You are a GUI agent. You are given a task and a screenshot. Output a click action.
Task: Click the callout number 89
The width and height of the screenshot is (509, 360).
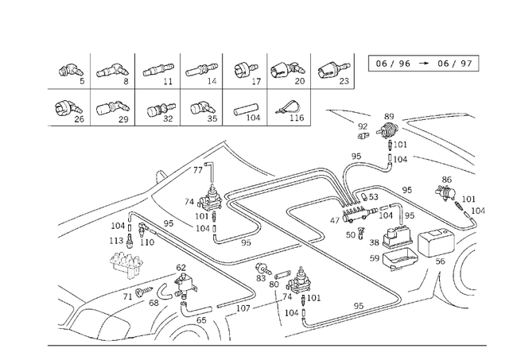click(x=389, y=117)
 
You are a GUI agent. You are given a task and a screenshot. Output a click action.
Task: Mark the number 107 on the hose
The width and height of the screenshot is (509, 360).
click(x=244, y=308)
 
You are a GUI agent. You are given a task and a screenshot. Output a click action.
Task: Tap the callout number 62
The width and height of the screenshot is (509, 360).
click(x=181, y=268)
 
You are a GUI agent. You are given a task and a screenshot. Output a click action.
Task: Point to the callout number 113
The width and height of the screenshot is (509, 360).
click(x=117, y=241)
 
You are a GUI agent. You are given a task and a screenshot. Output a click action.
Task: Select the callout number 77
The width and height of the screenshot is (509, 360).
click(x=198, y=170)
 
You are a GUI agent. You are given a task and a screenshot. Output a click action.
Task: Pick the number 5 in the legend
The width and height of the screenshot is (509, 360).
click(x=81, y=80)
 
